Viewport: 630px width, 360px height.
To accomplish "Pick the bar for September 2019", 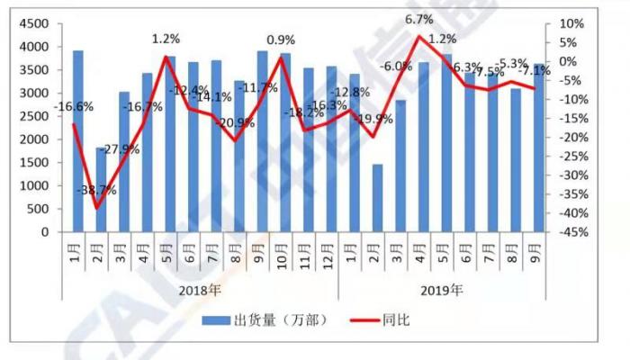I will click(538, 148).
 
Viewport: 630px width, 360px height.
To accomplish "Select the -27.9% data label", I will click(121, 148).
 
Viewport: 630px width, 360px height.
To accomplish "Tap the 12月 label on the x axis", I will click(331, 247).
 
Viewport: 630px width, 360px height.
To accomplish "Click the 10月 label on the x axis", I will click(285, 247).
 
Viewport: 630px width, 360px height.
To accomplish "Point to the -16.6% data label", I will click(73, 107).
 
